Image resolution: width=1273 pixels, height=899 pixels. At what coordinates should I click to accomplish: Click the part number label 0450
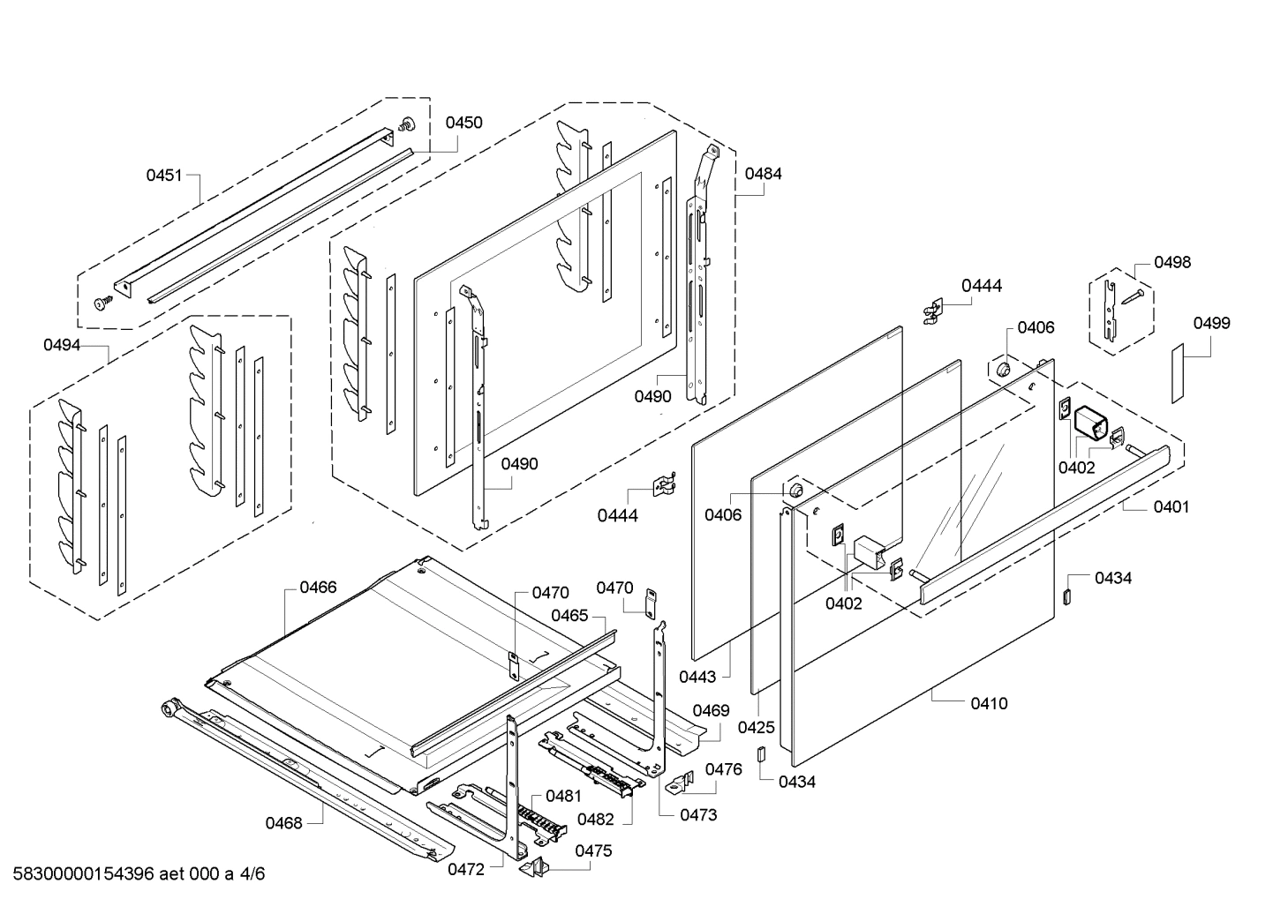(x=463, y=123)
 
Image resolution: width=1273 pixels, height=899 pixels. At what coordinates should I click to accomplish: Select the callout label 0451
(x=164, y=175)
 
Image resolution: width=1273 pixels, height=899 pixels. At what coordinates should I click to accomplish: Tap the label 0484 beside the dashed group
(x=763, y=174)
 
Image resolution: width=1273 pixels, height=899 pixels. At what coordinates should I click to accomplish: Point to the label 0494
(x=62, y=345)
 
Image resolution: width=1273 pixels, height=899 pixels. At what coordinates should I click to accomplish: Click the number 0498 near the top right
(x=1171, y=262)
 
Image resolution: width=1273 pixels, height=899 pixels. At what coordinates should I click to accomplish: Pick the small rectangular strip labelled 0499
(x=1178, y=375)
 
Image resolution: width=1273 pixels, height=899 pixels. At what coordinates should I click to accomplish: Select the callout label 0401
(x=1171, y=506)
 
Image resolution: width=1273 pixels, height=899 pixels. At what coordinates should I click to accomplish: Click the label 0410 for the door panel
(x=989, y=703)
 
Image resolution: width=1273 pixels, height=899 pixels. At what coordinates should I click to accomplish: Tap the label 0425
(x=757, y=728)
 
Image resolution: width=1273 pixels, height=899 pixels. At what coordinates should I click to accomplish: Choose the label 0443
(x=698, y=677)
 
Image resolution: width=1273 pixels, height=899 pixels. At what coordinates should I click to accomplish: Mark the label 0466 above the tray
(x=318, y=587)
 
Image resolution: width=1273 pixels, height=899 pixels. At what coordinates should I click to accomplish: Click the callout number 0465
(x=569, y=615)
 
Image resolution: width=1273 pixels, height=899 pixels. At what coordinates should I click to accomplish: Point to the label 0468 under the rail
(x=284, y=823)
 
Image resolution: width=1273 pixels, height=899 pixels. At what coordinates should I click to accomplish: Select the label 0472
(x=466, y=869)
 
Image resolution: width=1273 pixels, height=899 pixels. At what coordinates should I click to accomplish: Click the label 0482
(x=595, y=819)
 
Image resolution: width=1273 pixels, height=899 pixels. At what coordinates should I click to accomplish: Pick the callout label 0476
(x=724, y=769)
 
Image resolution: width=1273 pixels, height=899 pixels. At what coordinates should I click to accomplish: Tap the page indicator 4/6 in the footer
(x=252, y=874)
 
